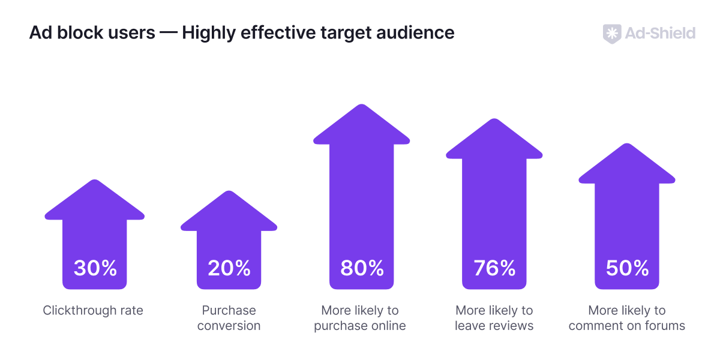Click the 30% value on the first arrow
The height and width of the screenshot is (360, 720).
(95, 268)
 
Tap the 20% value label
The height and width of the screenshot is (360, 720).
(229, 268)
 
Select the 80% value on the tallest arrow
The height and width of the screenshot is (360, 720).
(362, 268)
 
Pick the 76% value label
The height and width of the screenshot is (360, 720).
(494, 268)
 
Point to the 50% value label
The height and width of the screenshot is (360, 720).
(627, 268)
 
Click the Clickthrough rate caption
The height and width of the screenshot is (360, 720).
(93, 310)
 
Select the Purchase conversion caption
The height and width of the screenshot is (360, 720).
(229, 318)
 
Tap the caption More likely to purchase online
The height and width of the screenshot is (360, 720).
(360, 318)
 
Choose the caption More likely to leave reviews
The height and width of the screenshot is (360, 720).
(494, 318)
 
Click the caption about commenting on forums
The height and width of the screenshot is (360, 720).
(627, 318)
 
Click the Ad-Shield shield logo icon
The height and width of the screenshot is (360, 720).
(611, 33)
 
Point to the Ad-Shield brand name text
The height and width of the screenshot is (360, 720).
(660, 33)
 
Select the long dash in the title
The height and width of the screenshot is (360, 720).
(169, 32)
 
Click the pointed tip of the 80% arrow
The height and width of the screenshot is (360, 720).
(361, 106)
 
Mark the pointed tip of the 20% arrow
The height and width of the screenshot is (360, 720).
(229, 192)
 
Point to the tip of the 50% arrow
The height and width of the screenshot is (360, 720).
(627, 145)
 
